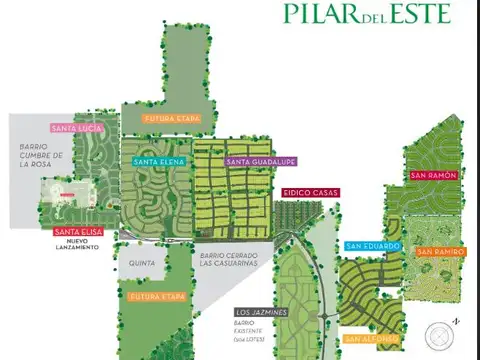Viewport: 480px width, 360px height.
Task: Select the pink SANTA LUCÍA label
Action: (78, 128)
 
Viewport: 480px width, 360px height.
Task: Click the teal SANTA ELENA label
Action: (155, 160)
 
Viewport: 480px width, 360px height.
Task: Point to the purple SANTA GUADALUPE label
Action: (261, 161)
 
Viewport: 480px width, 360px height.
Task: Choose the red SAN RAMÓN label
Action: (433, 175)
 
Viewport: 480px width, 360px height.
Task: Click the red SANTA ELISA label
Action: (77, 233)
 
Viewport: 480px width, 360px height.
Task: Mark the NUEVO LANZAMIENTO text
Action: (77, 245)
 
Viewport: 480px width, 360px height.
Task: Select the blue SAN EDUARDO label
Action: (373, 245)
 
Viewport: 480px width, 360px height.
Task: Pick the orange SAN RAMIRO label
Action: (440, 251)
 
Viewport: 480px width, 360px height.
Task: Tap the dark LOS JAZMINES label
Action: (260, 312)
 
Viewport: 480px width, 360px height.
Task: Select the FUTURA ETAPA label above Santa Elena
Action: (173, 118)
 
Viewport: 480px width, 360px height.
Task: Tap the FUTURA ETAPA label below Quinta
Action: (158, 297)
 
